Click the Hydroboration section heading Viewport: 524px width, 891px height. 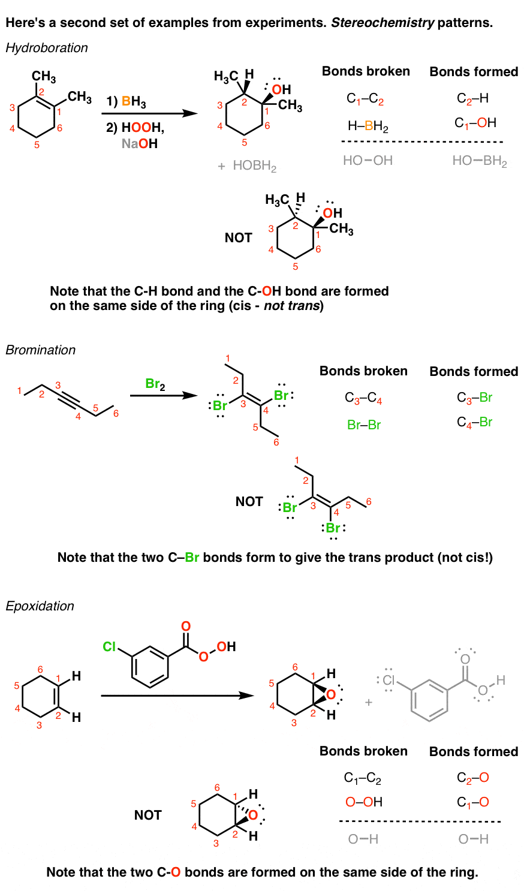(47, 48)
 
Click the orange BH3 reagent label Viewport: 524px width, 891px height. (134, 101)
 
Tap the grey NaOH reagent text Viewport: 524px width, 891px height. (140, 144)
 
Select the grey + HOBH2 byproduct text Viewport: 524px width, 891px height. (247, 166)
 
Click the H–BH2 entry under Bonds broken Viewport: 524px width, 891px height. (368, 127)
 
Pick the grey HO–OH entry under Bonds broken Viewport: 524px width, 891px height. (368, 161)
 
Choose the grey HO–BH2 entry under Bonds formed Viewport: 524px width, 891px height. (480, 161)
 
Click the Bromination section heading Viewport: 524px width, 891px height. (41, 350)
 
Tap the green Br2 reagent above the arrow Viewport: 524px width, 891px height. (155, 384)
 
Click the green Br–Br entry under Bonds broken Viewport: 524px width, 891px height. (364, 425)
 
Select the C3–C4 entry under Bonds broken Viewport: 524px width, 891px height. (363, 398)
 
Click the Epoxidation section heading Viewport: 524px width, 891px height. (40, 606)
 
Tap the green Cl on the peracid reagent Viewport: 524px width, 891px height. (109, 646)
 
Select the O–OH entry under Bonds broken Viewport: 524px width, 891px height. (363, 802)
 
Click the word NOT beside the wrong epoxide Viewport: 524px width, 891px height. (148, 815)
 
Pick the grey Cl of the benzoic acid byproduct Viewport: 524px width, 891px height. (389, 681)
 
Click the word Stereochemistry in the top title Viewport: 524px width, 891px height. (383, 23)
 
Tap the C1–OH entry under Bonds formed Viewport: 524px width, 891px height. (475, 123)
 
